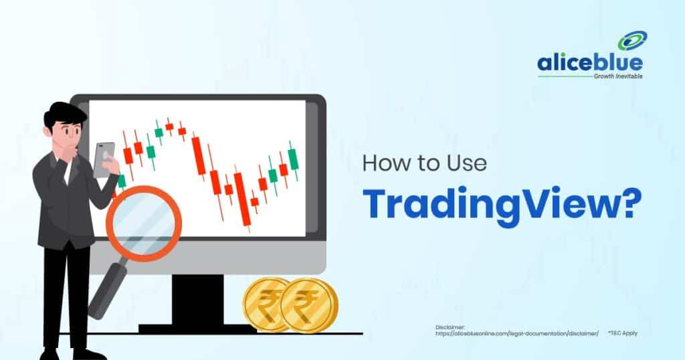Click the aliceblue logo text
590,64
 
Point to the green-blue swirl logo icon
633,41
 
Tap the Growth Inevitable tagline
618,76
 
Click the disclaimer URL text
517,333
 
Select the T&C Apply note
623,333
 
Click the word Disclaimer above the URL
450,327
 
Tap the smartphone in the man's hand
104,159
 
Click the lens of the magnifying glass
144,223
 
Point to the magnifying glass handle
108,288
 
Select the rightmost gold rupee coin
309,305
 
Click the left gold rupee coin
264,304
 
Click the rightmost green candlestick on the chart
293,159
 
